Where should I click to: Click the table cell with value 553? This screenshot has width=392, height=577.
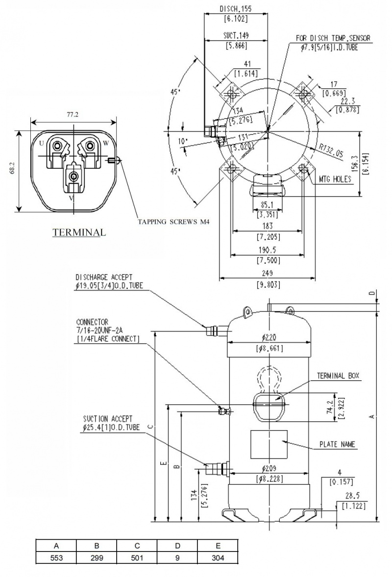[56, 558]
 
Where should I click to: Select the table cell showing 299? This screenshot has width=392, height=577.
[97, 558]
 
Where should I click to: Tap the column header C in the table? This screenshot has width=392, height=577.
[137, 546]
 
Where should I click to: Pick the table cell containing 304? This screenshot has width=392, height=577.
[218, 558]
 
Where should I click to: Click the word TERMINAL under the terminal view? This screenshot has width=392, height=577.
[79, 232]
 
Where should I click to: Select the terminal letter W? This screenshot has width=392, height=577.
[106, 143]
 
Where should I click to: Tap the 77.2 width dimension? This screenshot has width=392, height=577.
[72, 115]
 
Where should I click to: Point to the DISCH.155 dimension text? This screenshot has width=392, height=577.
[235, 9]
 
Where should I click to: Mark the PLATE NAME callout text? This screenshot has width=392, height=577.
[337, 444]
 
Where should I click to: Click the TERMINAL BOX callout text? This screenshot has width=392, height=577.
[338, 376]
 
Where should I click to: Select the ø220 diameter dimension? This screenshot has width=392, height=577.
[269, 337]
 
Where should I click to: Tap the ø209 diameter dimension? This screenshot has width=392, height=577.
[269, 468]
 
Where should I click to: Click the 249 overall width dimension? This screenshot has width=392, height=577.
[267, 273]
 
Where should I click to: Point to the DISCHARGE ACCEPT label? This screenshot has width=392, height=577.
[104, 277]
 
